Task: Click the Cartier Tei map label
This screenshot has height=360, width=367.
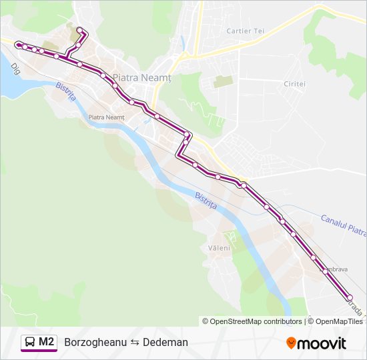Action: (x=246, y=31)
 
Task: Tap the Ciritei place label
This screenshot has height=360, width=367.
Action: (x=294, y=84)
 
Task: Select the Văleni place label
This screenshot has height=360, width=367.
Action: (x=219, y=248)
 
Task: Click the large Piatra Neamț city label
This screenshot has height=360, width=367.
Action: (x=142, y=78)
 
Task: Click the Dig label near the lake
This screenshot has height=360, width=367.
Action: (x=15, y=69)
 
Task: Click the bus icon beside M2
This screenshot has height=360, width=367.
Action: (x=30, y=342)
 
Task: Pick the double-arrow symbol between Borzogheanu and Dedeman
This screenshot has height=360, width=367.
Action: (x=133, y=342)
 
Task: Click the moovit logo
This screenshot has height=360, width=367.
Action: (x=316, y=343)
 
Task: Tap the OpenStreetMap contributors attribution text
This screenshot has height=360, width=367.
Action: (x=256, y=321)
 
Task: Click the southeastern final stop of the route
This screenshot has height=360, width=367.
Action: (x=349, y=297)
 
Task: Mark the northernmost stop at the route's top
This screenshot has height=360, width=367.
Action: (x=79, y=29)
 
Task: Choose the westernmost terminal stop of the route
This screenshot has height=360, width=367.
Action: (x=17, y=45)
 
